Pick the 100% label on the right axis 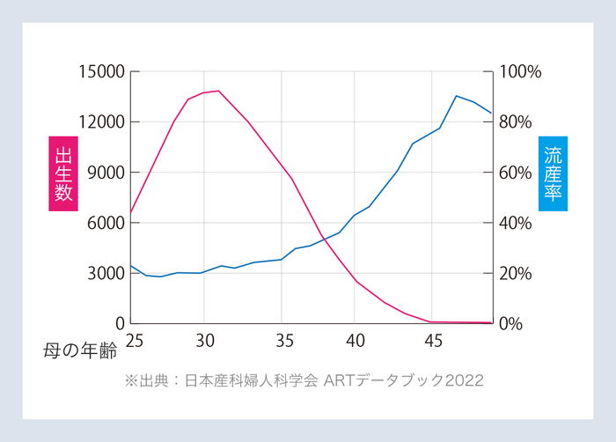point(520,72)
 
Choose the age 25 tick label point(135,340)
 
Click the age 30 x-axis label point(204,340)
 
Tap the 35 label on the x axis point(282,340)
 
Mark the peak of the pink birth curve point(218,91)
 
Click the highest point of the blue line point(456,96)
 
